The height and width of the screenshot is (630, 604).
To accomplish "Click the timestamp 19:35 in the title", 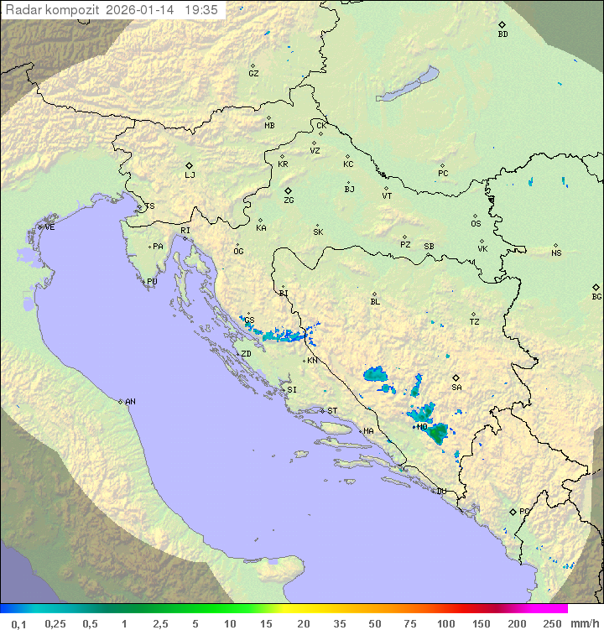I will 201,10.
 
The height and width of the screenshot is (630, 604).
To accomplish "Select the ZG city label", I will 289,200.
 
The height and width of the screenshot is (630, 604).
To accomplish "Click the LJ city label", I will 190,175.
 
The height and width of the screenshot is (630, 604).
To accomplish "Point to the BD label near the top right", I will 502,34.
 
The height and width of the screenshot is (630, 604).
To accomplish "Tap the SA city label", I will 456,388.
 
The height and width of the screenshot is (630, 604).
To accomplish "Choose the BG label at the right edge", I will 596,297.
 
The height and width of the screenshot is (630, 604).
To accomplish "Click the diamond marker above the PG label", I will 513,511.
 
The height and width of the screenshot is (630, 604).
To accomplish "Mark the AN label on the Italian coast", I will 130,402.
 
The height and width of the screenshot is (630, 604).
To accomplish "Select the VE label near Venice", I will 49,227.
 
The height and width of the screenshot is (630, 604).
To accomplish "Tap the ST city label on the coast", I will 332,411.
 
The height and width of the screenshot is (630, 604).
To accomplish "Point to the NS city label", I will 556,253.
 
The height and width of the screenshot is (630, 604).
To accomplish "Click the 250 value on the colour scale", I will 551,623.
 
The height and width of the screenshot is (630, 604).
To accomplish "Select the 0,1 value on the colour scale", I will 18,623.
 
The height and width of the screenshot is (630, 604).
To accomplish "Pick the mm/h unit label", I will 584,623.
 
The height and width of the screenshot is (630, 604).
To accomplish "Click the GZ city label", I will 253,74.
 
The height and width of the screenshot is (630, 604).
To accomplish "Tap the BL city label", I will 375,302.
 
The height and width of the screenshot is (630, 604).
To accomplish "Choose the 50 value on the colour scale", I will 374,623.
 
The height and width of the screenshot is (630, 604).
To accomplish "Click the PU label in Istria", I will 152,282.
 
